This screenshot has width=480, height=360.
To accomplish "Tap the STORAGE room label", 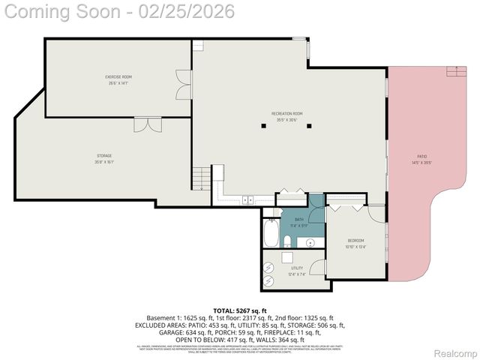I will coord(104,158).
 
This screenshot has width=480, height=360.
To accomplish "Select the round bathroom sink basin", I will coord(310,242).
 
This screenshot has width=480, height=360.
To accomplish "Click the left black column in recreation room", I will coord(263,126).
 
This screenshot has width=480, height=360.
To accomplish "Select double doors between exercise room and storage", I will coord(147,124).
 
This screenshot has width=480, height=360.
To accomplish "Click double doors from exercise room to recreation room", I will coord(183,81).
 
